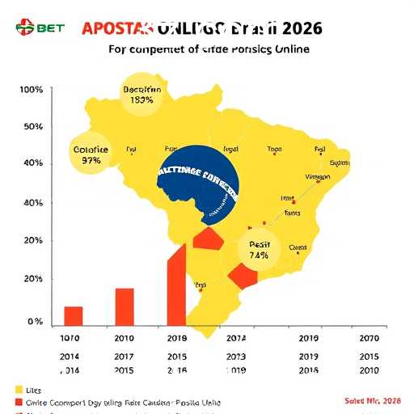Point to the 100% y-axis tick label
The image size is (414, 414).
tap(29, 89)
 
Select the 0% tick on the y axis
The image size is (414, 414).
tap(34, 322)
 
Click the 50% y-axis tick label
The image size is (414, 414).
tap(32, 127)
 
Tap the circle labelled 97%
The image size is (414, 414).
tap(91, 154)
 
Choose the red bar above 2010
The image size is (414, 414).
tap(125, 306)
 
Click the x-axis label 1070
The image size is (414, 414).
tap(71, 339)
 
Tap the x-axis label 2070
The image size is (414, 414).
tap(369, 339)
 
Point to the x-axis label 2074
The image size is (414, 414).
tap(237, 339)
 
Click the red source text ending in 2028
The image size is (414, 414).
tap(373, 401)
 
